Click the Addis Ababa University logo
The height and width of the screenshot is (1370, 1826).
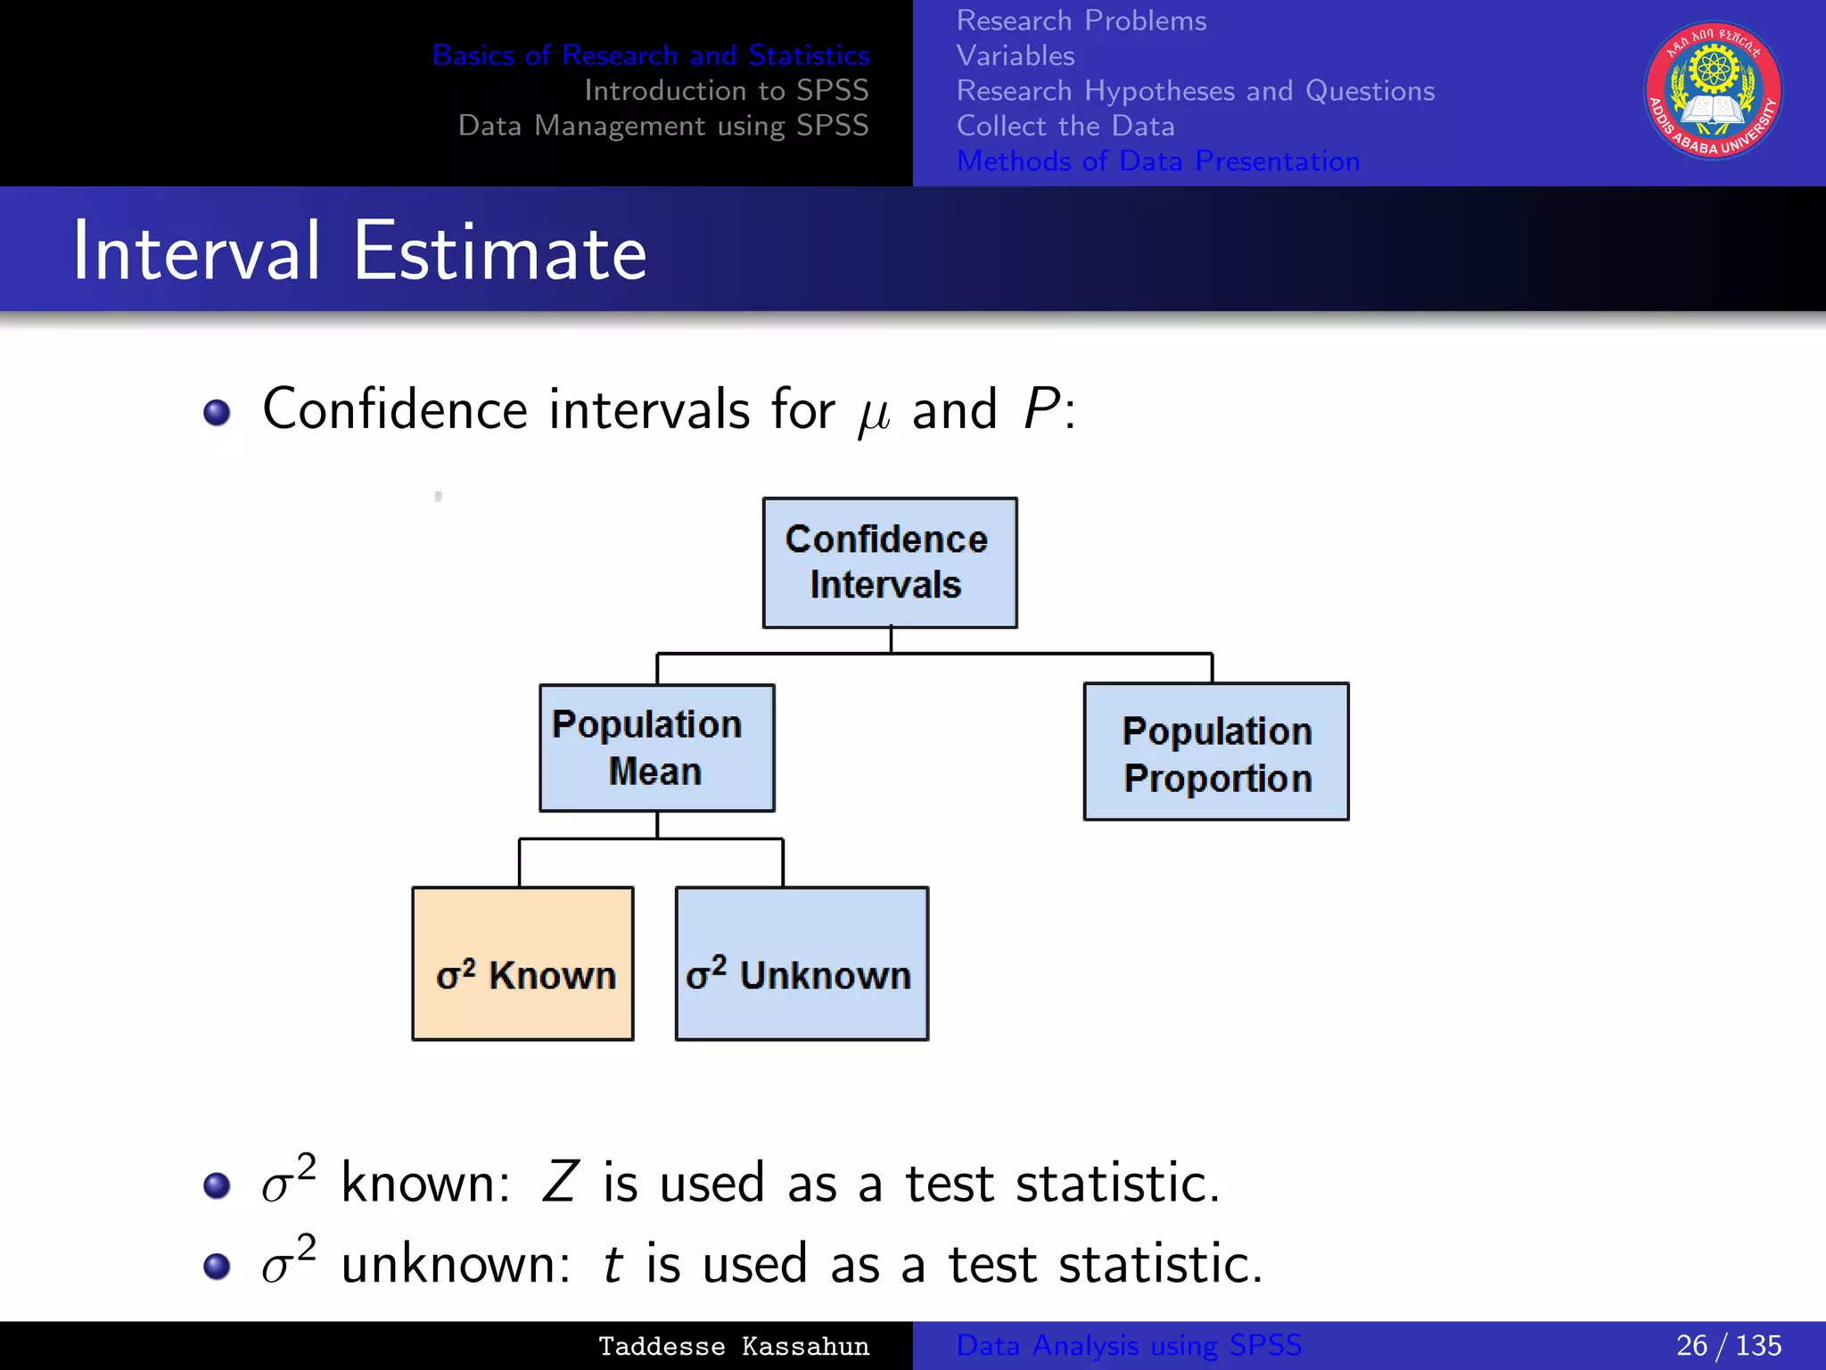point(1713,91)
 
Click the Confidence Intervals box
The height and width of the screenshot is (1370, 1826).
point(889,563)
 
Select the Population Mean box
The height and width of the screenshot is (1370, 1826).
point(656,747)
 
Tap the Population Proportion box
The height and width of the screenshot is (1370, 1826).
point(1215,752)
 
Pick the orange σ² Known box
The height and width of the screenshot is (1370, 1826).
point(522,963)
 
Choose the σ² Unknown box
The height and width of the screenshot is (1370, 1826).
point(801,963)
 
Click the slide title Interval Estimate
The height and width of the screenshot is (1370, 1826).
point(359,252)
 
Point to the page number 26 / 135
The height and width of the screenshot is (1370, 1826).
point(1728,1345)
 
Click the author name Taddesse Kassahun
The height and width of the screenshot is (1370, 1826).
point(733,1346)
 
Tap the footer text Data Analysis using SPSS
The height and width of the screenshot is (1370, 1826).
point(1129,1345)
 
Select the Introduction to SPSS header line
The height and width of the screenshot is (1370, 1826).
point(726,90)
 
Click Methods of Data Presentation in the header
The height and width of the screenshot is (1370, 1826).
point(1157,161)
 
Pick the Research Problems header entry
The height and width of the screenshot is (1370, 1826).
point(1081,21)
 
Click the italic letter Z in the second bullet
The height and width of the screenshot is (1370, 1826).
point(560,1184)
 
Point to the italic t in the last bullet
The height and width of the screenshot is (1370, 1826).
point(612,1265)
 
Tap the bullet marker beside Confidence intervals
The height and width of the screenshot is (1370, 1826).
point(217,412)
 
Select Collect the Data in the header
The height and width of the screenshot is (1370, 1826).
point(1065,126)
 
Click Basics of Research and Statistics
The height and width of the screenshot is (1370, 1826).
point(650,55)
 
